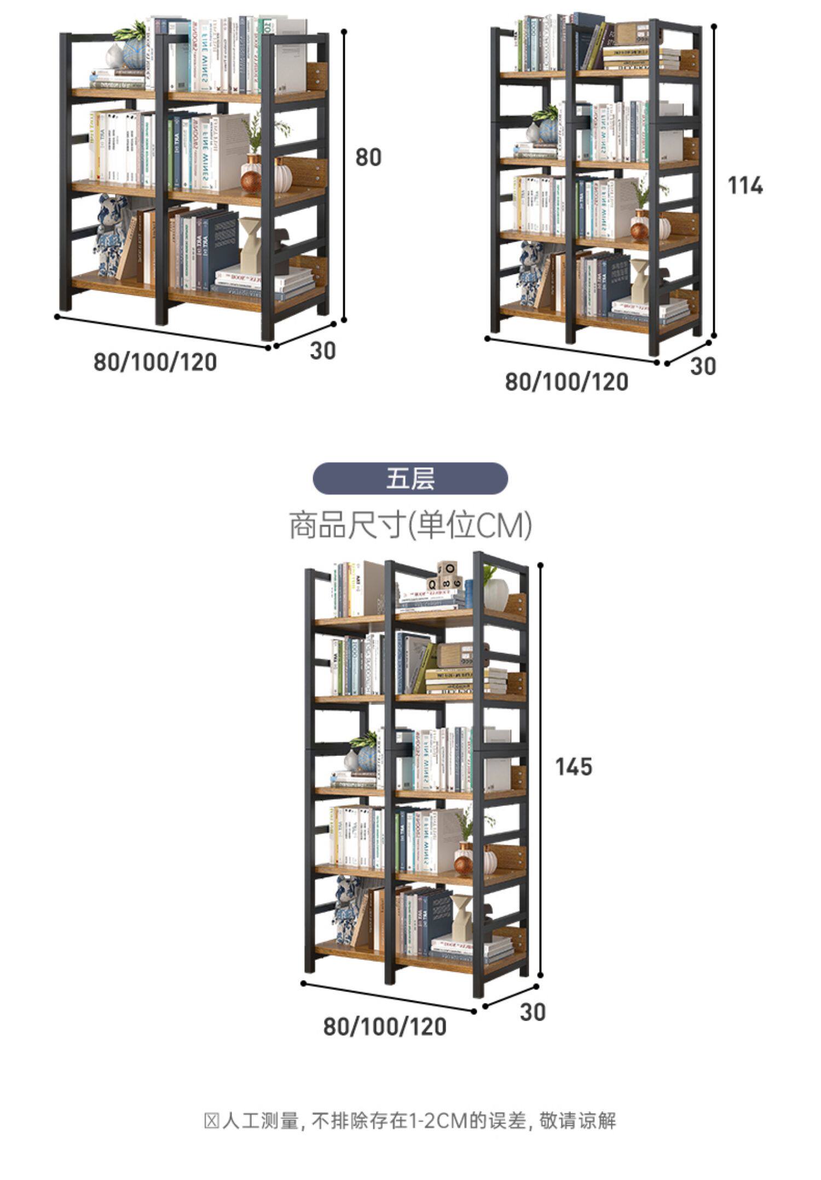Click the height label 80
(x=368, y=158)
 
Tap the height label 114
(x=745, y=186)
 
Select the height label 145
(x=574, y=766)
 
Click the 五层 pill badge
(x=410, y=478)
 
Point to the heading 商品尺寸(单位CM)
(x=410, y=525)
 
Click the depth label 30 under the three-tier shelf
(x=322, y=351)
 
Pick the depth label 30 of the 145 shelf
(x=533, y=1012)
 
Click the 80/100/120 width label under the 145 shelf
(x=385, y=1027)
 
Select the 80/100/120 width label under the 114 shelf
(x=566, y=382)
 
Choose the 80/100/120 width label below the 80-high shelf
(x=155, y=362)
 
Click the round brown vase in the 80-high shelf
(x=251, y=181)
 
